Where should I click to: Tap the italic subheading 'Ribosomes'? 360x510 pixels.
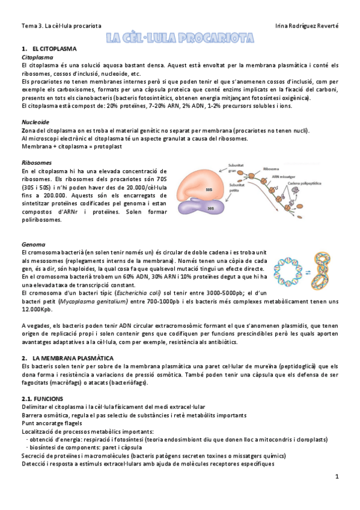tap(36, 163)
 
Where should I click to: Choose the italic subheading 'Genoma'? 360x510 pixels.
tap(32, 245)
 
